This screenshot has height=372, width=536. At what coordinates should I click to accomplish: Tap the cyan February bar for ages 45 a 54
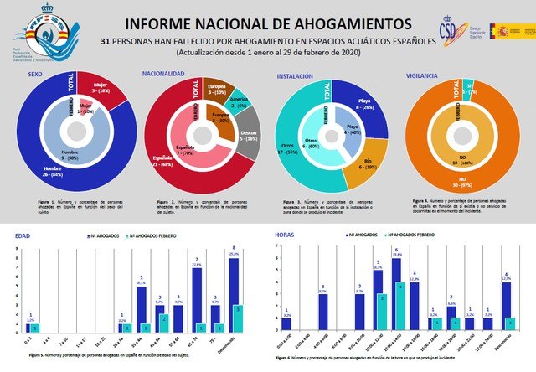coord(165,323)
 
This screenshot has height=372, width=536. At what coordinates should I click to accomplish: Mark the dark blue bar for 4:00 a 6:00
coord(322,313)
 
